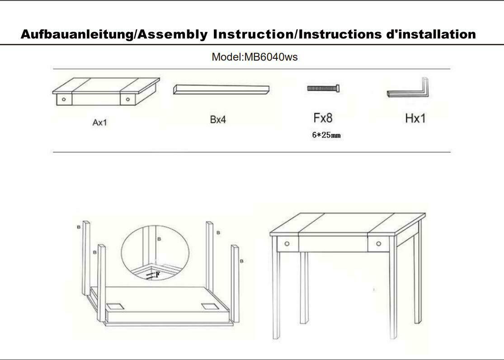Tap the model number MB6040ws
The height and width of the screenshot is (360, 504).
271,57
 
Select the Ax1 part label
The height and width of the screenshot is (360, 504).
99,122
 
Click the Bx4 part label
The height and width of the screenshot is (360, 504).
218,120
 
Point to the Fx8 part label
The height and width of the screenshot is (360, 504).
323,118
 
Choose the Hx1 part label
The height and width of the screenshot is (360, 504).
415,118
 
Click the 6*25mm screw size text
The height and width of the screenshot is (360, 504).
326,135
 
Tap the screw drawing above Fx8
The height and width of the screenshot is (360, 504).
323,88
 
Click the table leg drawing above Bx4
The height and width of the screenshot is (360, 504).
221,89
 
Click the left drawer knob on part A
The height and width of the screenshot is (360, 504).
64,99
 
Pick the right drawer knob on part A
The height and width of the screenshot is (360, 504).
128,99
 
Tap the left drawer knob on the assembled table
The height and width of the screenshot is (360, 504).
287,244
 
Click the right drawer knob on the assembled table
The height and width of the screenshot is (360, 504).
378,244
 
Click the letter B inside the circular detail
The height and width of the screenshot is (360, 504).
158,238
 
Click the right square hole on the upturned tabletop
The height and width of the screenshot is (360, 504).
209,306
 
